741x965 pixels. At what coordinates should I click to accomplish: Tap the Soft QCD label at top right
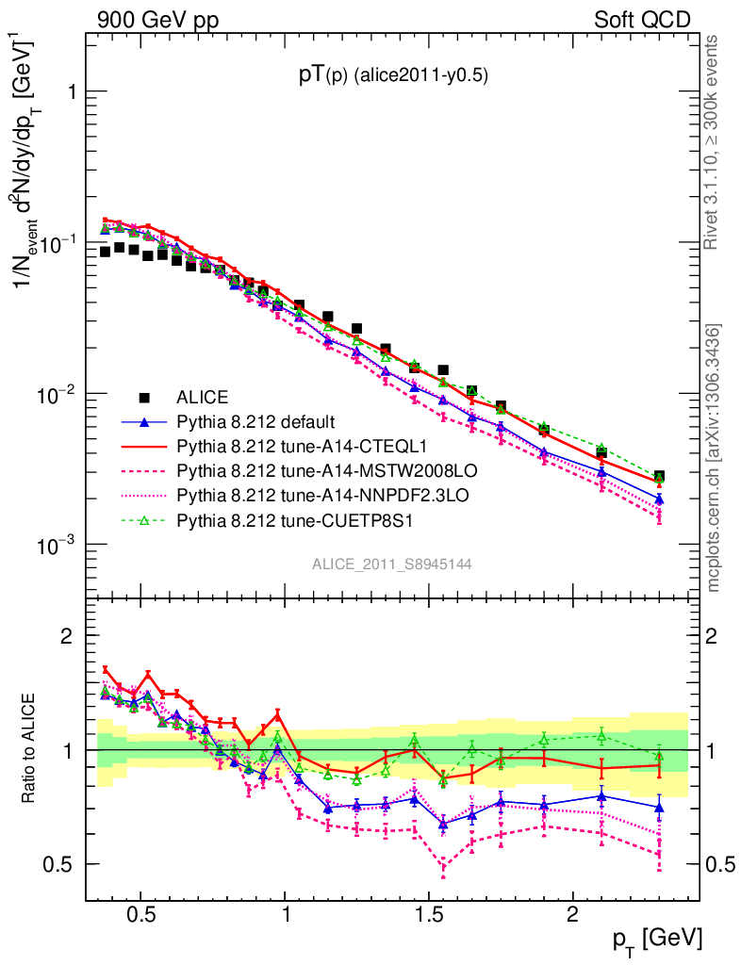641,20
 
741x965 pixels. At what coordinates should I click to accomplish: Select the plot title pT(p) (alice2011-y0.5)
393,77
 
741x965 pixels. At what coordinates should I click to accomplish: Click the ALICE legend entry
203,397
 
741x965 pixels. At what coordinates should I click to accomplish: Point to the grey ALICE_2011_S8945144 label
392,564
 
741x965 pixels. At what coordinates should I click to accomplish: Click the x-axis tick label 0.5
141,916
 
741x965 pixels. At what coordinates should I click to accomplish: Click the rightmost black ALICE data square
659,477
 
